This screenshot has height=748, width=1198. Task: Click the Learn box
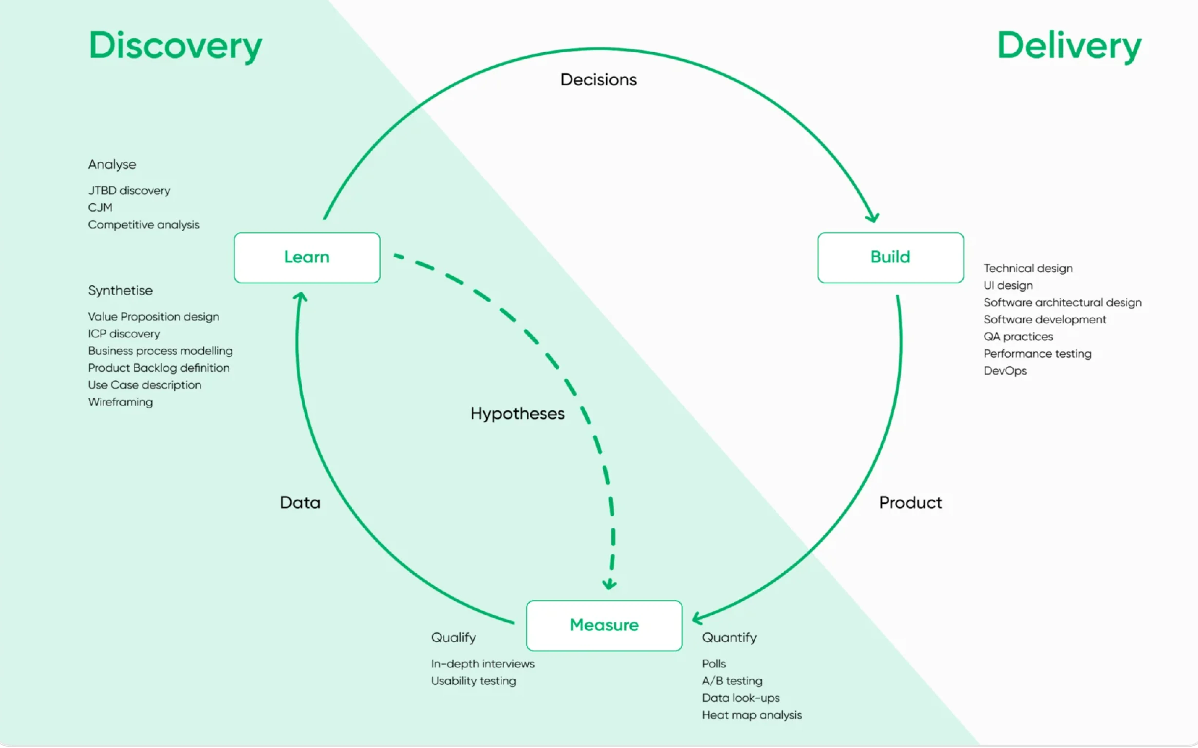[x=307, y=257]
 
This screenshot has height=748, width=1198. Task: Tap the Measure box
[x=604, y=625]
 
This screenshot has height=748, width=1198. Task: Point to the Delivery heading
[x=1069, y=45]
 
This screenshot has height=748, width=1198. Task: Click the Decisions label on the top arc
[x=599, y=80]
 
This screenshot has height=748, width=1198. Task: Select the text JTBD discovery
[x=129, y=190]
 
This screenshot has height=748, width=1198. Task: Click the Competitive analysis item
[x=144, y=225]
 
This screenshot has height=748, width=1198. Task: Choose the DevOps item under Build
[x=1005, y=370]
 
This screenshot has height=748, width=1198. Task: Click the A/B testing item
[x=732, y=681]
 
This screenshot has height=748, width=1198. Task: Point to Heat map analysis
[x=751, y=715]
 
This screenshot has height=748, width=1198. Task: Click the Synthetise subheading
[x=120, y=290]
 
